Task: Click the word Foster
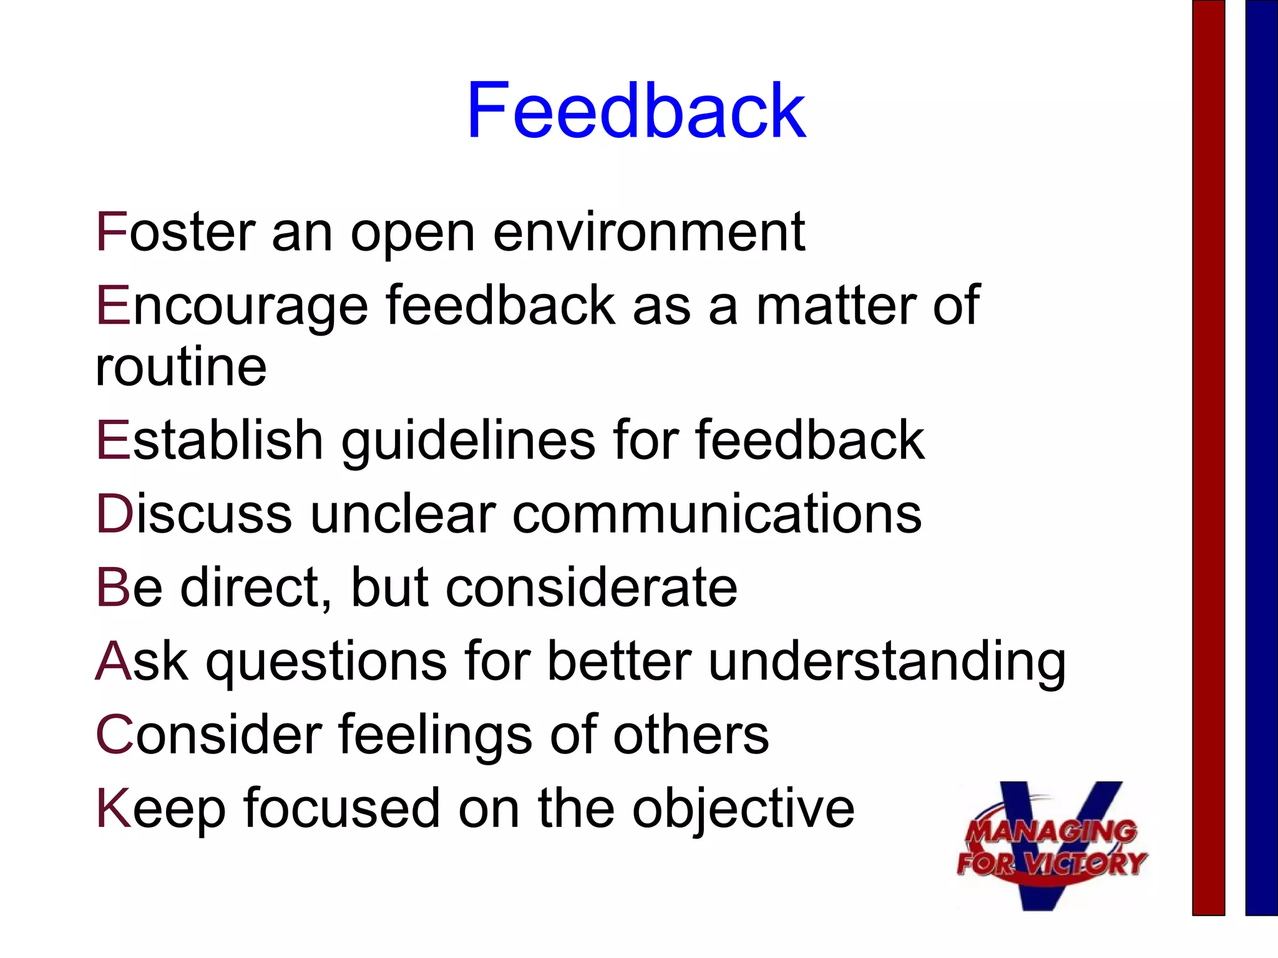point(175,232)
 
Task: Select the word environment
point(649,232)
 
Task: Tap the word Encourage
point(232,306)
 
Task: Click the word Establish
point(209,440)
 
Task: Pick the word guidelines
point(468,440)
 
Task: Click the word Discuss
point(193,514)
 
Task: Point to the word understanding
point(887,661)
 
